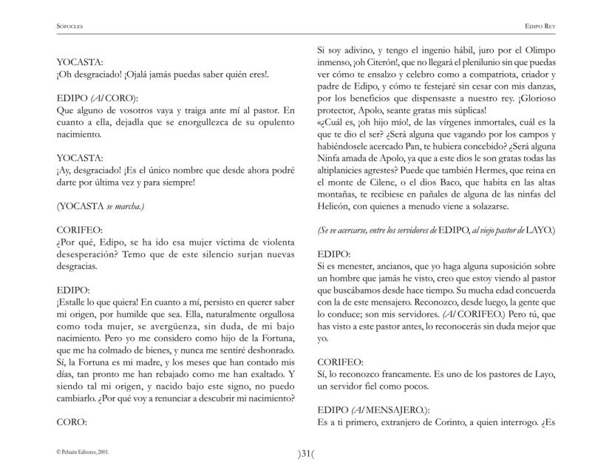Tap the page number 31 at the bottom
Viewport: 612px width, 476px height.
click(305, 453)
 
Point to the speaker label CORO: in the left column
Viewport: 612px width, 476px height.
click(72, 424)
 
